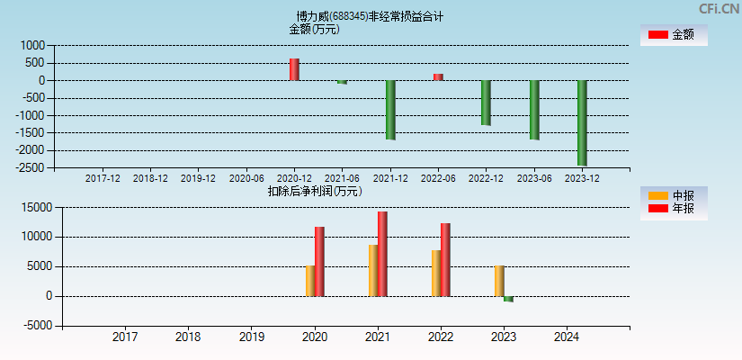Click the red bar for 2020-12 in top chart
[294, 69]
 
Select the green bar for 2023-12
[582, 122]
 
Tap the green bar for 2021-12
[390, 110]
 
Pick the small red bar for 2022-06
[438, 76]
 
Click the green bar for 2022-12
[486, 103]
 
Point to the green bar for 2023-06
[534, 110]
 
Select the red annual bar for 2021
[382, 254]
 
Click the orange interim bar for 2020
[310, 281]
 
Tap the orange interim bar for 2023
[499, 281]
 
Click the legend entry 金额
[674, 35]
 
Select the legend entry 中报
[674, 195]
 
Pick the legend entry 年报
[674, 209]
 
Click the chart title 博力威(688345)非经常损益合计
[370, 16]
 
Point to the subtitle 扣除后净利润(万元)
[315, 191]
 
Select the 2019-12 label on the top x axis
[198, 178]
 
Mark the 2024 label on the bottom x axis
[567, 337]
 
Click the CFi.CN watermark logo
[719, 9]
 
